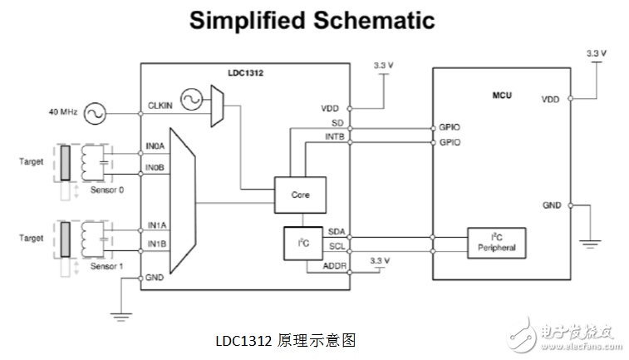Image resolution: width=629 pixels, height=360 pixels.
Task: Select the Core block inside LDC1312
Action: click(300, 194)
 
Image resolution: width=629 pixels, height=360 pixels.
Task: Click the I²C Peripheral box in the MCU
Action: click(497, 242)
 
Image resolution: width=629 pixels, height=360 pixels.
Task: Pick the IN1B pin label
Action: click(157, 244)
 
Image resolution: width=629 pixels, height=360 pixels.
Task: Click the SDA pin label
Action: click(337, 232)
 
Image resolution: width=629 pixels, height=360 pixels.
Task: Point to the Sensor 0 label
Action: click(109, 190)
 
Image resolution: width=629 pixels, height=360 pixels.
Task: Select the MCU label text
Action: click(502, 96)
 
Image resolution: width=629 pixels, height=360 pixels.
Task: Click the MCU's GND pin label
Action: click(551, 205)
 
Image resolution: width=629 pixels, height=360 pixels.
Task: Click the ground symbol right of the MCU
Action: click(591, 243)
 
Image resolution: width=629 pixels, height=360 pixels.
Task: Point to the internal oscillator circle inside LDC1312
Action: click(190, 101)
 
